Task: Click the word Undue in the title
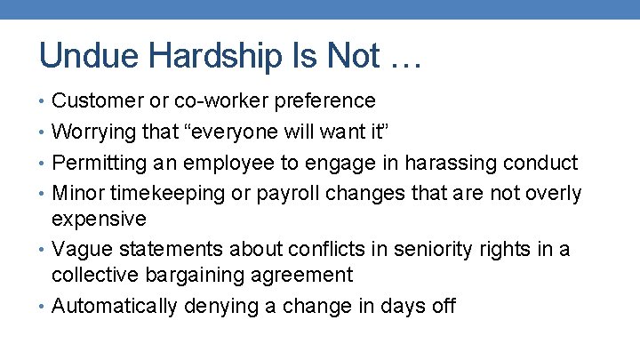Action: pyautogui.click(x=81, y=57)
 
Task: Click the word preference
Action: pyautogui.click(x=322, y=101)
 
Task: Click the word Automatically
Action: pyautogui.click(x=115, y=306)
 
